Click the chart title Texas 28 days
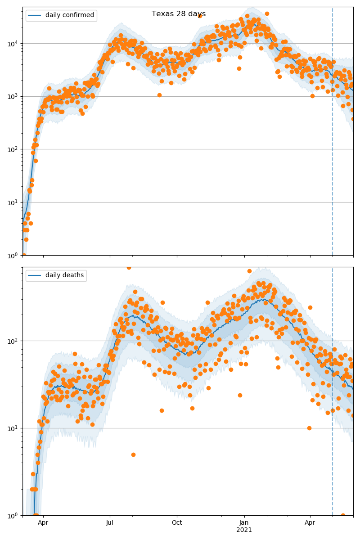coord(179,14)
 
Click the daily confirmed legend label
coord(69,15)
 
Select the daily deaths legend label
coord(64,275)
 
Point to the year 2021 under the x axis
coord(244,530)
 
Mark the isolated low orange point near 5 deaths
coord(133,454)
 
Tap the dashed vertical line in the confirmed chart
coord(333,135)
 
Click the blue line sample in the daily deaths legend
coord(35,275)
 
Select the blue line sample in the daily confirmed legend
coord(35,15)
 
